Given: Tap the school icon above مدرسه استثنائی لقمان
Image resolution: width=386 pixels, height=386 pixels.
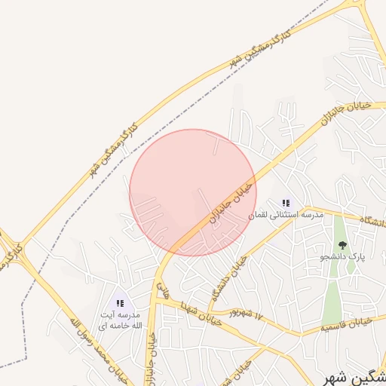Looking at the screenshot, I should (x=286, y=203).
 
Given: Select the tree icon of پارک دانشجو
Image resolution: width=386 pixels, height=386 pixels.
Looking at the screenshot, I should (x=342, y=244).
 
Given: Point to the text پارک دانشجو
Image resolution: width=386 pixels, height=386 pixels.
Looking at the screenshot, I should (x=345, y=256).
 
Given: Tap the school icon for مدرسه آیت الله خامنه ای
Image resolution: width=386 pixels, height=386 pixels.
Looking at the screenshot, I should (x=121, y=303).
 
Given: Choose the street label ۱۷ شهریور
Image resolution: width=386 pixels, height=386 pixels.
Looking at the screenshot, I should (x=250, y=312).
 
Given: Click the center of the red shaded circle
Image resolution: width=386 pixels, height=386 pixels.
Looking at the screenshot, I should (x=193, y=192).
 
